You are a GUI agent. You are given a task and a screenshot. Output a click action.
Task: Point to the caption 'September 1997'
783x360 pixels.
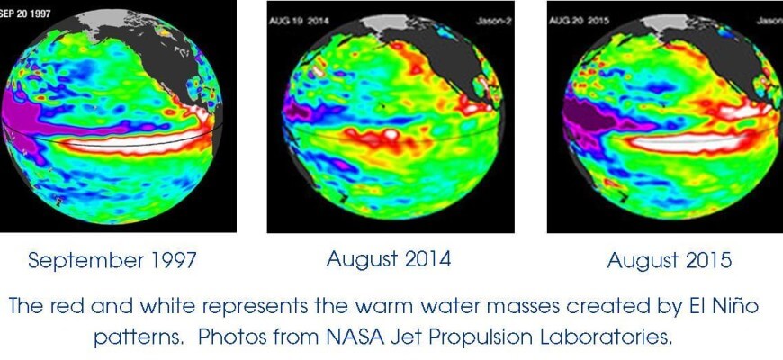coord(112,261)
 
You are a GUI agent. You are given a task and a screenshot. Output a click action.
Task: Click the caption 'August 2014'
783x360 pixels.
coord(389,260)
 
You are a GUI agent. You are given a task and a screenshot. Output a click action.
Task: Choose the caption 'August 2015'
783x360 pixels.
coord(669,261)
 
